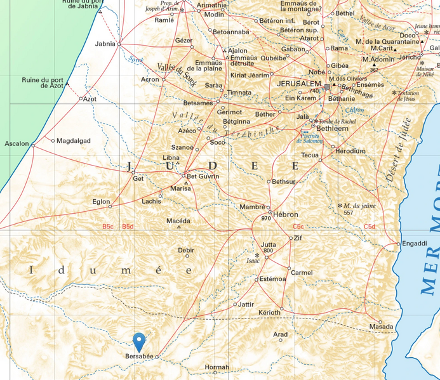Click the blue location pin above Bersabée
(139, 341)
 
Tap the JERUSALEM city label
(299, 84)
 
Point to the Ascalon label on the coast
(17, 144)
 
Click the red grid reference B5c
(108, 226)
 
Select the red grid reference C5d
(370, 226)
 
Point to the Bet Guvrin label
(203, 176)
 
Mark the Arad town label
(280, 334)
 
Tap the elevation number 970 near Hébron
(266, 219)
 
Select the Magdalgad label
(74, 141)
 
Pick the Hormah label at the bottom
(217, 367)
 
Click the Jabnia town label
(105, 44)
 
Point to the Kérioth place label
(269, 313)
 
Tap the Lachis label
(152, 201)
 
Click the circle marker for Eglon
(110, 206)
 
